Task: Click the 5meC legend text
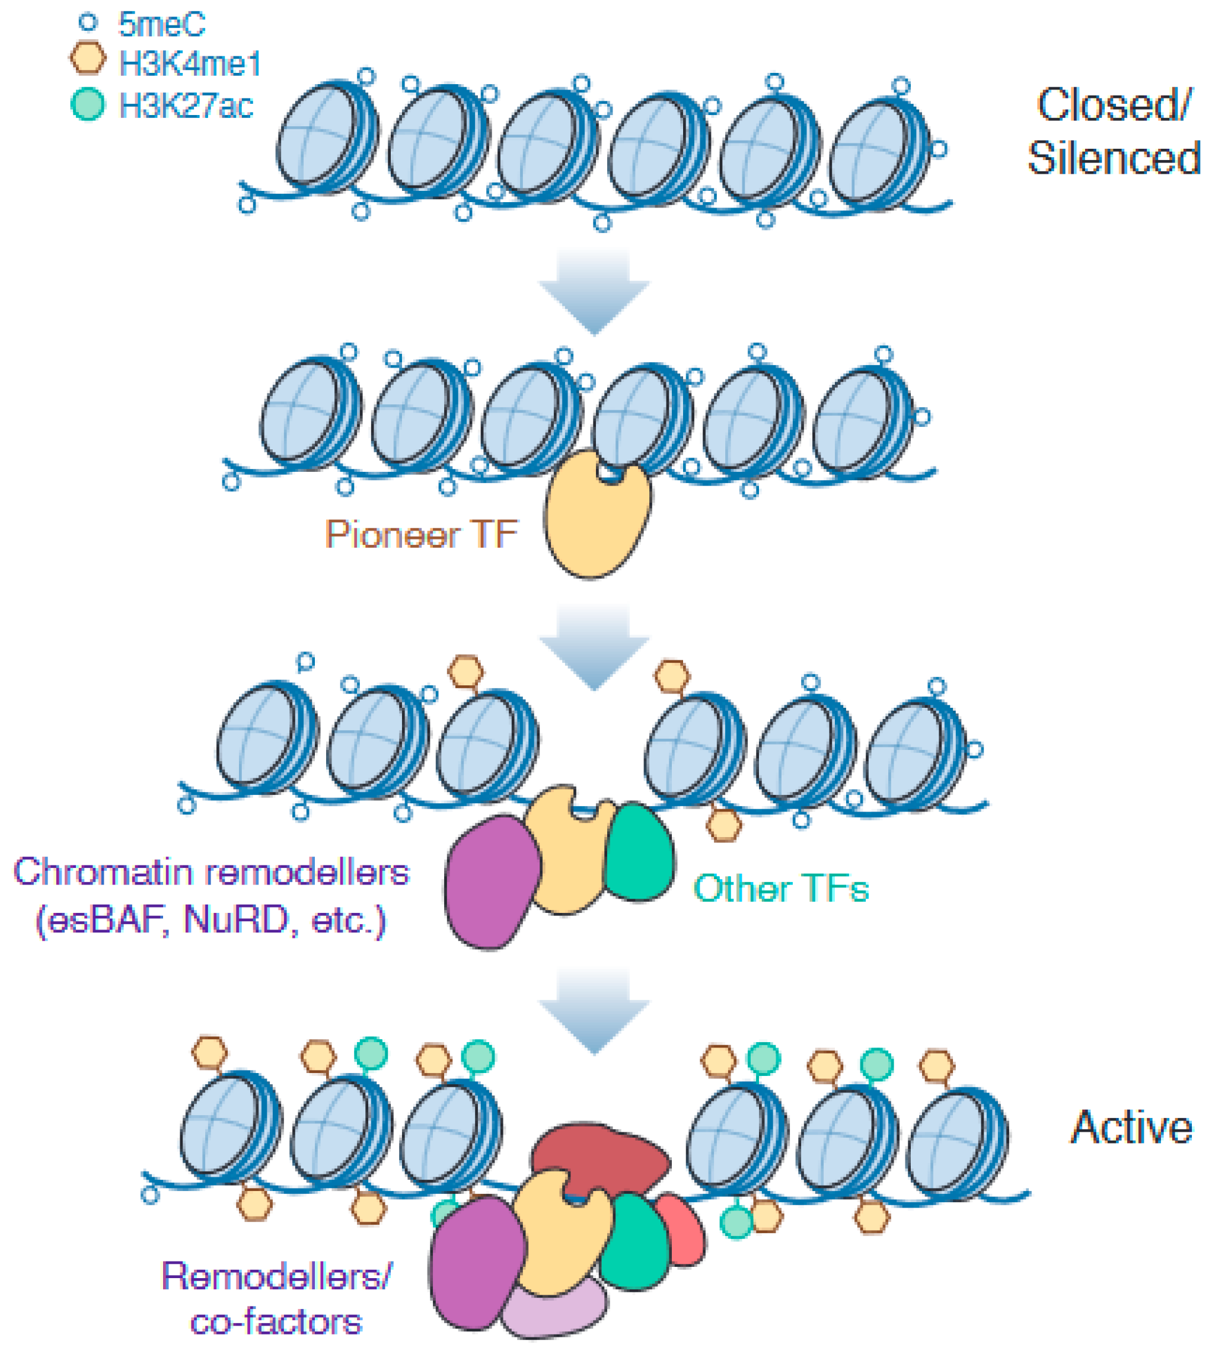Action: [x=161, y=25]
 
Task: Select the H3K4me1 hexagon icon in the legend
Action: [x=88, y=59]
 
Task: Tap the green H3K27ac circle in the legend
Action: [x=88, y=104]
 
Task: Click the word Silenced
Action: [x=1114, y=158]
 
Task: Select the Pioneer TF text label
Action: [x=421, y=534]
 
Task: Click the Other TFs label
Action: [x=780, y=888]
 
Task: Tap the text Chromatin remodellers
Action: [x=211, y=871]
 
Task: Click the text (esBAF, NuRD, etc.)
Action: [x=211, y=920]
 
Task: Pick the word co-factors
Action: [x=276, y=1321]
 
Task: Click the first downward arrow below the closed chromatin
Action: [x=594, y=289]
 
